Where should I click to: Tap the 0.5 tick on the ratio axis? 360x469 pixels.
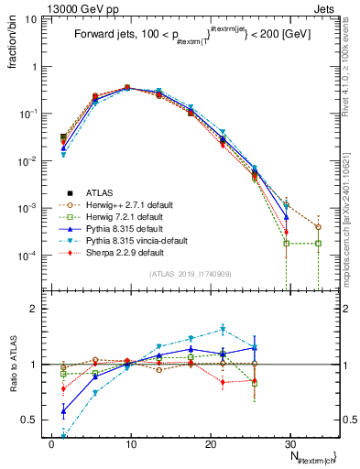pos(37,420)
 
